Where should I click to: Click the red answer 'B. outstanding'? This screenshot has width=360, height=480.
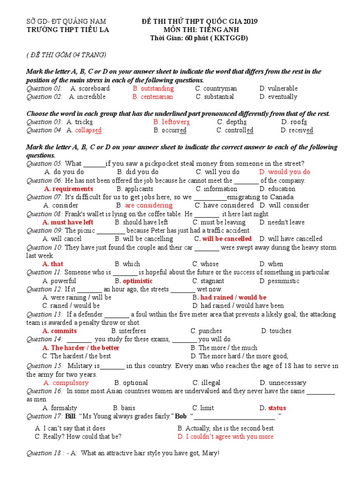[153, 89]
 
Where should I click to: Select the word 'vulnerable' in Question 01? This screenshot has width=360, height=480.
[283, 89]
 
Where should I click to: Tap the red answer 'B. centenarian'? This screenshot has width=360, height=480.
[152, 97]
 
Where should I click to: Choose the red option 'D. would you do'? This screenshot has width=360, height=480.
[285, 172]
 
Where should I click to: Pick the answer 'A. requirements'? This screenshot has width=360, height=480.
[68, 189]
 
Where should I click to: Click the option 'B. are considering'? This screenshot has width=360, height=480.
[144, 205]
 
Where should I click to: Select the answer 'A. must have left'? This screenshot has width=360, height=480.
[68, 222]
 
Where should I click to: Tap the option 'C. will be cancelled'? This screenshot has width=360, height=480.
[223, 239]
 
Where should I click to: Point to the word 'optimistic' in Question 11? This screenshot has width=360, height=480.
[138, 281]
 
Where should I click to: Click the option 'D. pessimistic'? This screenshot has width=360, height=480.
[279, 281]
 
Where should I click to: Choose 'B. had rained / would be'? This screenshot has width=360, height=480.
[230, 297]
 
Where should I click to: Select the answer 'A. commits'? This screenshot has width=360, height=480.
[60, 331]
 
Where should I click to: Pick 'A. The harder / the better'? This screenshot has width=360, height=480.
[81, 348]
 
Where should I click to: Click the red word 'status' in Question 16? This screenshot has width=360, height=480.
[277, 408]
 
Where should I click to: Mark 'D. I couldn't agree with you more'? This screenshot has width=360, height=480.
[225, 436]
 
